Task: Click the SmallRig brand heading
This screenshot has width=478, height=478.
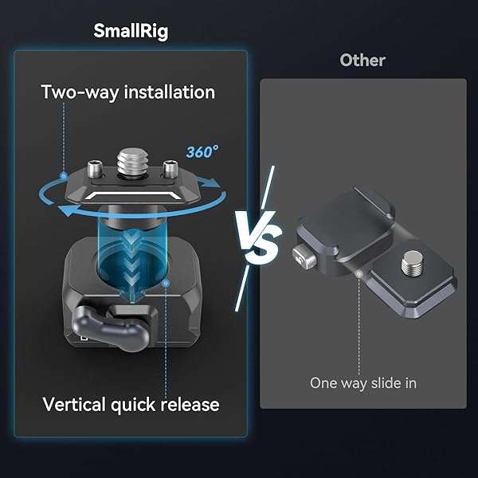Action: click(131, 31)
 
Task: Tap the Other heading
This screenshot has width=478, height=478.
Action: click(362, 60)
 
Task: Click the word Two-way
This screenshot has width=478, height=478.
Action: click(80, 92)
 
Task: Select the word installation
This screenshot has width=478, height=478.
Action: click(170, 92)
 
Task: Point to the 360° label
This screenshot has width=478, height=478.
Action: click(202, 151)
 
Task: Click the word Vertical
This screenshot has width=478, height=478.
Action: click(75, 404)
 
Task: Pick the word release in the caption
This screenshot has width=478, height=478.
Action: click(190, 405)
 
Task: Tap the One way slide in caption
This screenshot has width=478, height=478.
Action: click(363, 383)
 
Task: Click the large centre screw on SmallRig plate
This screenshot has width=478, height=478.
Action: click(132, 163)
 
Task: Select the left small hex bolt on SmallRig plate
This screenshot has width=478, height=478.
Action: click(95, 169)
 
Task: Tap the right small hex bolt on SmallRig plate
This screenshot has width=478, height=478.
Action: click(169, 169)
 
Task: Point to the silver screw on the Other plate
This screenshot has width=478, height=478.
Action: click(412, 262)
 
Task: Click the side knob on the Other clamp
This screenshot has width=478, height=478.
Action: click(304, 256)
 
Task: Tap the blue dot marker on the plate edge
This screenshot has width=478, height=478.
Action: click(64, 175)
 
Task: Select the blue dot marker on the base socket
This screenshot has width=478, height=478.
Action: click(167, 284)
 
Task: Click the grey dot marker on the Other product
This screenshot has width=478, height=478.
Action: click(359, 274)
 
